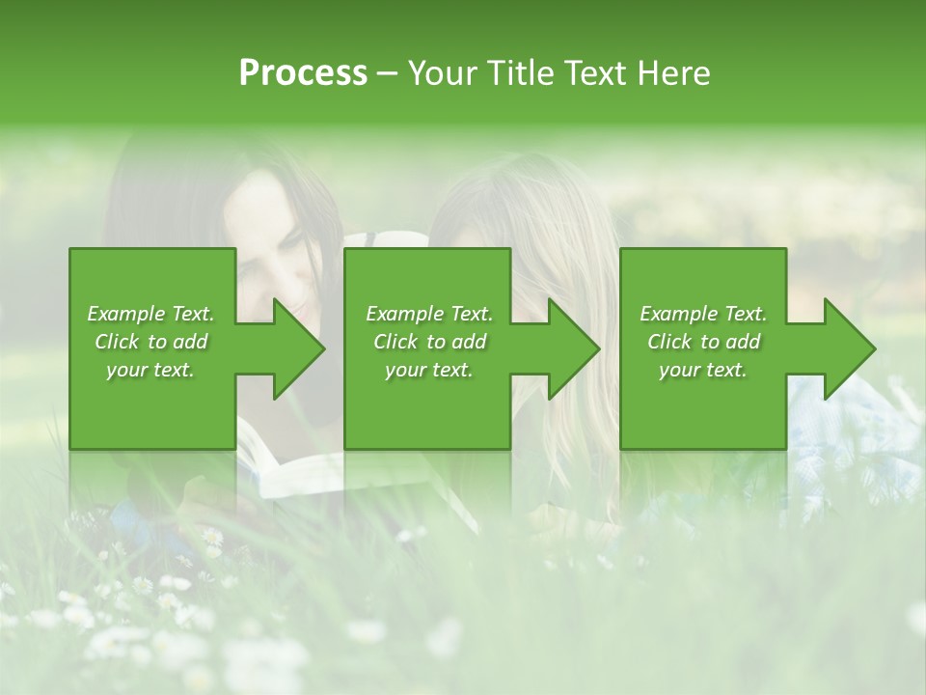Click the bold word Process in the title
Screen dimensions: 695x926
[303, 73]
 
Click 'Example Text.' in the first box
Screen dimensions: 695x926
[150, 314]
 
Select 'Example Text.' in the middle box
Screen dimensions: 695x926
[429, 314]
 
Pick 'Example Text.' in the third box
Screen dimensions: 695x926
[703, 314]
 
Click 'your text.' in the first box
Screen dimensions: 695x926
[150, 370]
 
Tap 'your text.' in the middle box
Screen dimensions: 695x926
[429, 370]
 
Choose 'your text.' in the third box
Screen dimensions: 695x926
[703, 370]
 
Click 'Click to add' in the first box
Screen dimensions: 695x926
[150, 342]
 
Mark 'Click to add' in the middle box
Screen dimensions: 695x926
[429, 342]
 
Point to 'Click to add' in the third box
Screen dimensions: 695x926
[703, 342]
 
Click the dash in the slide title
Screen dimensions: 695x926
[387, 74]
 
